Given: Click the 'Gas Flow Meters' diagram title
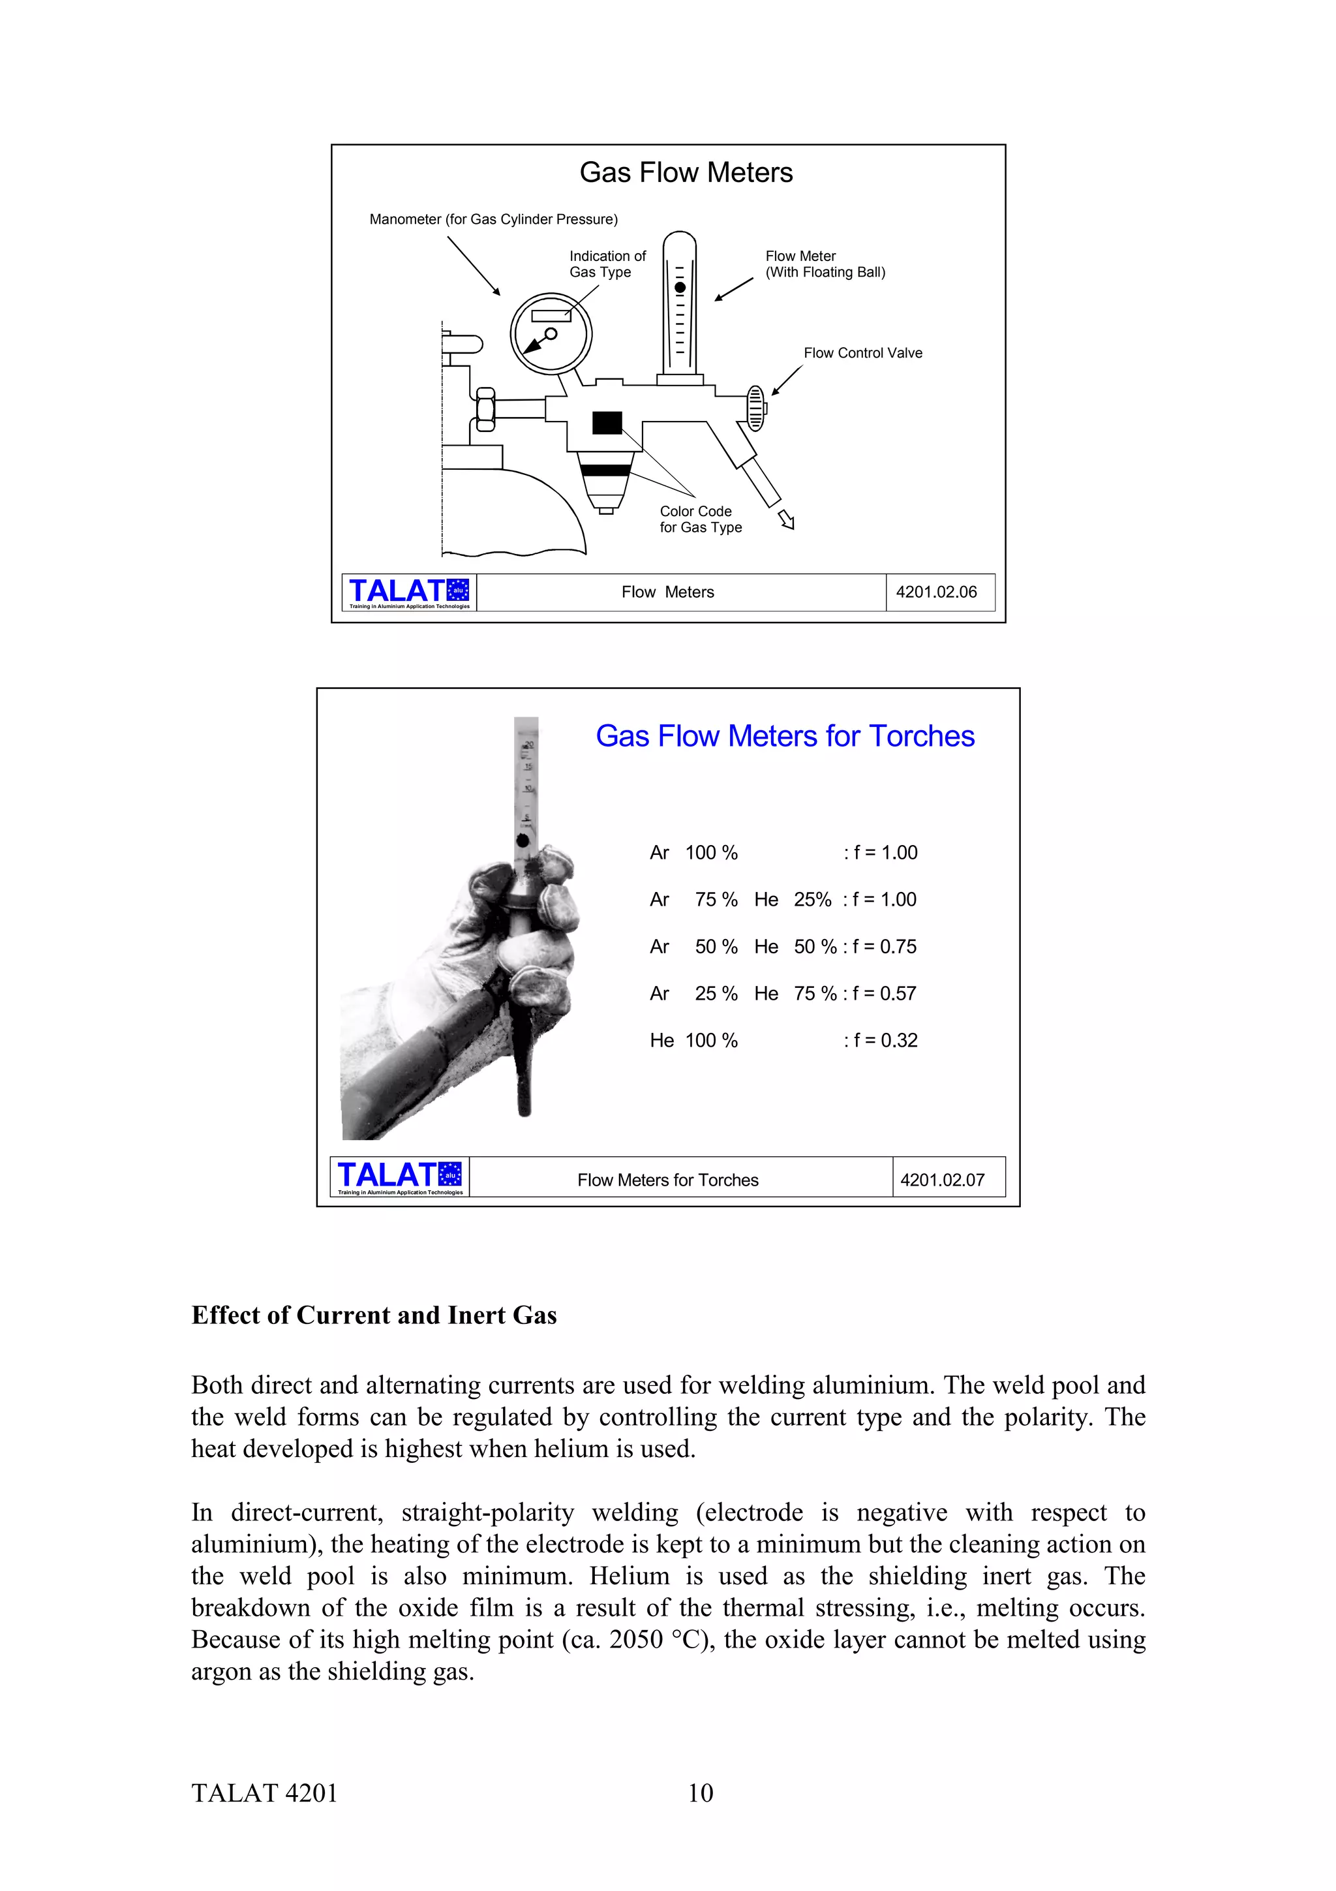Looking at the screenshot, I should [686, 172].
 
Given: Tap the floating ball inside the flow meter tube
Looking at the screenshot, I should [680, 288].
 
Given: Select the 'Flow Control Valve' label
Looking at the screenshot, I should [862, 352].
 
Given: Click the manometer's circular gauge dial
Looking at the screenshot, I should [551, 333].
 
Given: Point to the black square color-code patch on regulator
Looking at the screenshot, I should [607, 423].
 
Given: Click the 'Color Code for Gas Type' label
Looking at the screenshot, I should [700, 519].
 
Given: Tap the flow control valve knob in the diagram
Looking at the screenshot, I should [755, 408].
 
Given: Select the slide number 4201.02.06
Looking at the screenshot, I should [936, 592].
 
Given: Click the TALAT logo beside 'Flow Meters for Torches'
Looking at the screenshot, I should [400, 1177].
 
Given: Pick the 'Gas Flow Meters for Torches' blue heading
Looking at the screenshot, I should [785, 735].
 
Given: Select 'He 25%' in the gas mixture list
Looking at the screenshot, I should [792, 899].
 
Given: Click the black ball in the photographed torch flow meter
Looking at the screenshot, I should [522, 840].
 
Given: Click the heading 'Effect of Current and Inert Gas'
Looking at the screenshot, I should [374, 1315].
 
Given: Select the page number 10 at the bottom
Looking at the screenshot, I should [700, 1793].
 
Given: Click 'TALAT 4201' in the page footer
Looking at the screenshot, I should [264, 1793].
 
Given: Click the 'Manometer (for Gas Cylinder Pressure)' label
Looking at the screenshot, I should [493, 219].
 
